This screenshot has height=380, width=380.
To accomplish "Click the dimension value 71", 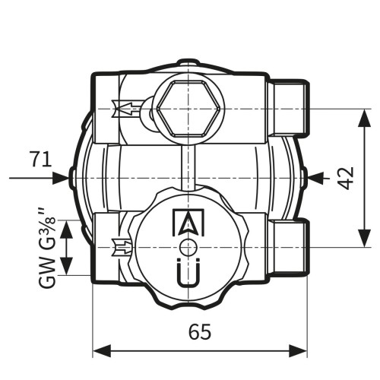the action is pos(41,159).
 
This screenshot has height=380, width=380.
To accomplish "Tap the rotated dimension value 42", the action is pos(347,178).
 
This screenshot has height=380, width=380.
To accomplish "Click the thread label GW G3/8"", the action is pos(47,249).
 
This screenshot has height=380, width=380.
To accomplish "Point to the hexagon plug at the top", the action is pos(188,109).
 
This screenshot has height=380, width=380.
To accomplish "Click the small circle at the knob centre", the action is pos(188,247).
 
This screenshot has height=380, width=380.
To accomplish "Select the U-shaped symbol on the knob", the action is pos(188,273).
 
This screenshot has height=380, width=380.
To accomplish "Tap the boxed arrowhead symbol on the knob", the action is pos(188,223).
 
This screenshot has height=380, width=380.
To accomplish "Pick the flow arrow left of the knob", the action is pos(122,247).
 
